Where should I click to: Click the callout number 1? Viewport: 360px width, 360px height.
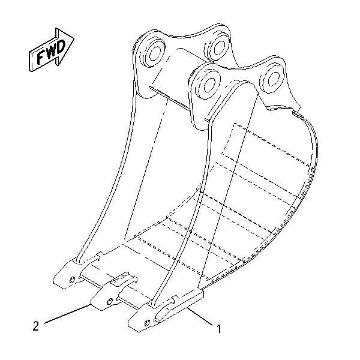point(219,329)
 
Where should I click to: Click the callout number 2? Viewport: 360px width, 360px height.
point(36,326)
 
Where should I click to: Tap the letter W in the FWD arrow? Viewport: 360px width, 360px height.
point(51,52)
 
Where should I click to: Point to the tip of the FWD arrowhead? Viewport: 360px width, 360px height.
point(74,37)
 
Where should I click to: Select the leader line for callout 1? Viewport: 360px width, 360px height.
point(200,316)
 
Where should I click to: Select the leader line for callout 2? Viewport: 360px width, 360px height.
point(67,314)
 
